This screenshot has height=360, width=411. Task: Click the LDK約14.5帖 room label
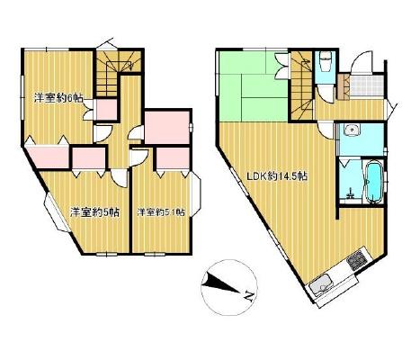pos(277,176)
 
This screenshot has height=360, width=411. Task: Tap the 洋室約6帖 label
pos(58,98)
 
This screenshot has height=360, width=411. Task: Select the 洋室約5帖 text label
pos(95,212)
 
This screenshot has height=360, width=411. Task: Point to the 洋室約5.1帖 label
pos(161,212)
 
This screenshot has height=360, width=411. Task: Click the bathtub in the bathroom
pos(372,182)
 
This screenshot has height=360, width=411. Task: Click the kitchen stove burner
pos(357,259)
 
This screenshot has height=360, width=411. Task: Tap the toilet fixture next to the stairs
pos(325,61)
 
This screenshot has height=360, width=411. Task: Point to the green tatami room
pos(254,86)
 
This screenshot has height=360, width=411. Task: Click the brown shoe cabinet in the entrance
pos(343,86)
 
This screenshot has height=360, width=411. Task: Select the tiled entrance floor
pos(367,86)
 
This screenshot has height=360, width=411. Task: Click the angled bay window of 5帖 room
pos(57,212)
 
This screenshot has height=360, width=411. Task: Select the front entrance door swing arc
pos(362,61)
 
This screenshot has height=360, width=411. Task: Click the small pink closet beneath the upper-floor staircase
pos(106,110)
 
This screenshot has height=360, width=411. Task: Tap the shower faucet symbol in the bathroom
pos(350,193)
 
